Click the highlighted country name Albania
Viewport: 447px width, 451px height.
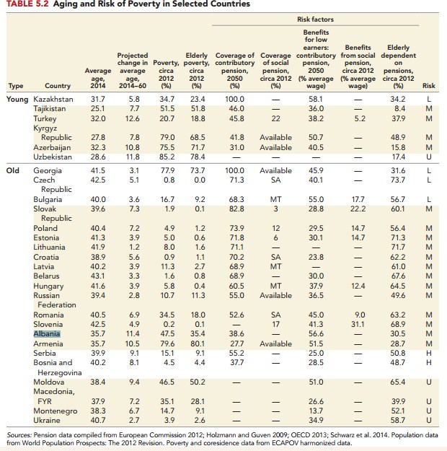click(x=45, y=334)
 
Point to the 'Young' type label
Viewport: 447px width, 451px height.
click(x=18, y=98)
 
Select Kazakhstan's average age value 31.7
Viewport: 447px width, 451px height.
click(x=98, y=98)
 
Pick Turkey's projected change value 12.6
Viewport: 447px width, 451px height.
click(x=133, y=118)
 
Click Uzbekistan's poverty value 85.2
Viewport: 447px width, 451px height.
click(x=167, y=156)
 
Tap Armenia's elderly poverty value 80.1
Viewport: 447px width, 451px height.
click(x=199, y=344)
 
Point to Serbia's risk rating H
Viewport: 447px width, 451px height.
click(x=428, y=354)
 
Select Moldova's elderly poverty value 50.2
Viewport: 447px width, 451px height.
click(x=199, y=382)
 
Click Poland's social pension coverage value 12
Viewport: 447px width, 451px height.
click(x=275, y=228)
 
